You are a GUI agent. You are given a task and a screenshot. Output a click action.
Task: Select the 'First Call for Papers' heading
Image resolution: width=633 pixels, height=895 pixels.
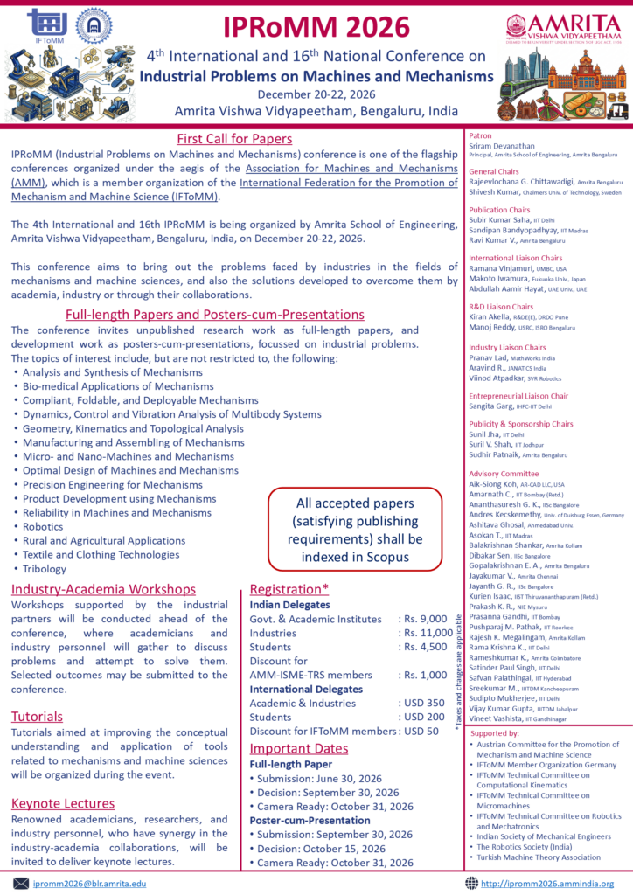click(234, 138)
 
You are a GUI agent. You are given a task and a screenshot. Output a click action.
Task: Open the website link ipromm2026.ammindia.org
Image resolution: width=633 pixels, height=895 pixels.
click(547, 884)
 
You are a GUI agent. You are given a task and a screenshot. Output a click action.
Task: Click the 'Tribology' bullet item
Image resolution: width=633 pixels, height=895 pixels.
click(46, 568)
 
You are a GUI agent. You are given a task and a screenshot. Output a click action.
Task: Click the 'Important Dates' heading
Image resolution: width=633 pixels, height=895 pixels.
click(300, 748)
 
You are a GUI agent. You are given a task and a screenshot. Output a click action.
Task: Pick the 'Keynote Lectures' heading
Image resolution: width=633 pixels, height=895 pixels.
click(63, 803)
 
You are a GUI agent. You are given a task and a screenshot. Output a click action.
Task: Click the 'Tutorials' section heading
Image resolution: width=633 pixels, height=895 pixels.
click(37, 717)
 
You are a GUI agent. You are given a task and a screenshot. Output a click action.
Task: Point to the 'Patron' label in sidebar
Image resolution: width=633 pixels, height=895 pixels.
click(481, 136)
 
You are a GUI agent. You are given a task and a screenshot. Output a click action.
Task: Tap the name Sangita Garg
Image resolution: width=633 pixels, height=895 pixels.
click(494, 406)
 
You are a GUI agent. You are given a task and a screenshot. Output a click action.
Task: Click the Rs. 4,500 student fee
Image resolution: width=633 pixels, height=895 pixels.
click(422, 647)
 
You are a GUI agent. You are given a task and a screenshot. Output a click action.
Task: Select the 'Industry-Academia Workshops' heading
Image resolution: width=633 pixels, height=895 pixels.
click(103, 589)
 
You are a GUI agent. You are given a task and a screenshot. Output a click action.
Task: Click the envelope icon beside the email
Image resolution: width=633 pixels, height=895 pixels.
click(21, 884)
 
